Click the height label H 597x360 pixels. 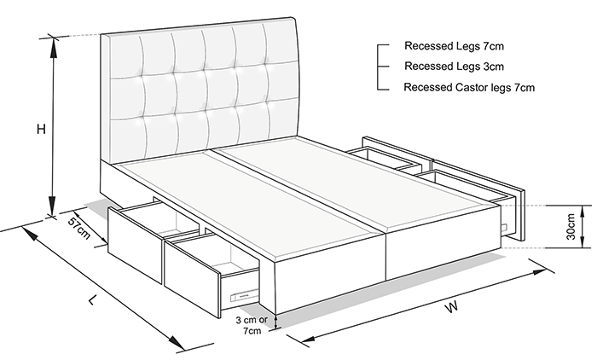pyautogui.click(x=41, y=129)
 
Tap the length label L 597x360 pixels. pyautogui.click(x=91, y=300)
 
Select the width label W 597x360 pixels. pyautogui.click(x=451, y=306)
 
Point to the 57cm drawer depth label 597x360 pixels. pyautogui.click(x=79, y=228)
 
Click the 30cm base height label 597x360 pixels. pyautogui.click(x=571, y=227)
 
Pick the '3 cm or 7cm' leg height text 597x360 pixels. pyautogui.click(x=252, y=325)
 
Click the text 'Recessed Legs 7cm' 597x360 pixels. pyautogui.click(x=454, y=46)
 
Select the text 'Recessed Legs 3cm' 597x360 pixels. pyautogui.click(x=454, y=67)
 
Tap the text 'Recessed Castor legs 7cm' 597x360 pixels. pyautogui.click(x=469, y=87)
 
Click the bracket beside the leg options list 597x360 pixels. pyautogui.click(x=378, y=67)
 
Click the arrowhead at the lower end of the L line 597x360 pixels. pyautogui.click(x=175, y=341)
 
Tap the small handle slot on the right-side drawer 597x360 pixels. pyautogui.click(x=505, y=228)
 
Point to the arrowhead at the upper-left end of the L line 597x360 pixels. pyautogui.click(x=31, y=234)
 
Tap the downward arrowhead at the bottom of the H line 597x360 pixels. pyautogui.click(x=53, y=206)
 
